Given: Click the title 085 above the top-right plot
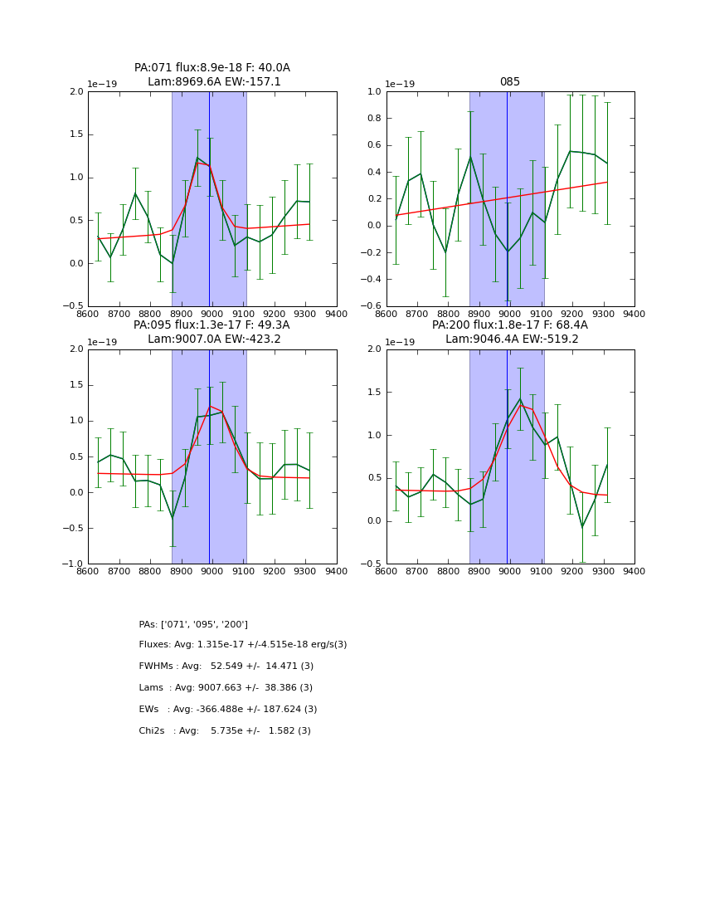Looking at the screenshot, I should click(510, 82).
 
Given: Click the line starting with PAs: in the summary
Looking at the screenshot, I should click(193, 624).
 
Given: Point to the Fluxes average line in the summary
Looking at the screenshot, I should click(243, 645).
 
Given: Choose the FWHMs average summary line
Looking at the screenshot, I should click(226, 666).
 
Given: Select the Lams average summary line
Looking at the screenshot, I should click(226, 688).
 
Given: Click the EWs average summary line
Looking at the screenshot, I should click(228, 710).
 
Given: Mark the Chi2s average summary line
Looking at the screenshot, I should click(225, 731).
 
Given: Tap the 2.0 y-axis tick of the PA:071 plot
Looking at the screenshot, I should click(77, 91).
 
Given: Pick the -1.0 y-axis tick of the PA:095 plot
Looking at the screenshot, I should click(75, 564).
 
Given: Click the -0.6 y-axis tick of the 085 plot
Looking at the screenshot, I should click(373, 306).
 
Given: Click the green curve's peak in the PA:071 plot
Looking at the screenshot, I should click(197, 158).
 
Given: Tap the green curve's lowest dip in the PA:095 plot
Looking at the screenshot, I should click(173, 519).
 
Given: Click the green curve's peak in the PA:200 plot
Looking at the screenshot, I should click(520, 399).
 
